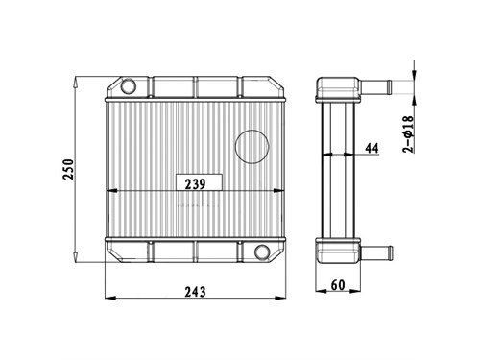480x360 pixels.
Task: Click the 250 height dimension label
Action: tap(68, 169)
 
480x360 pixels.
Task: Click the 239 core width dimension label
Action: tap(196, 184)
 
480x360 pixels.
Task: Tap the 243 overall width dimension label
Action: tap(195, 292)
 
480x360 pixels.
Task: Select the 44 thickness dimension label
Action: tap(372, 148)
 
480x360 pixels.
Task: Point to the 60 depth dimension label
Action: tap(338, 284)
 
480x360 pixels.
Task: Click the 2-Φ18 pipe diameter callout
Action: tap(408, 133)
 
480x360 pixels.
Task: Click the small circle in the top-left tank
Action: tap(129, 85)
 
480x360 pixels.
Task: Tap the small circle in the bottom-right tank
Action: tap(262, 252)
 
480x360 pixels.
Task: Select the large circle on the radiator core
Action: tap(252, 147)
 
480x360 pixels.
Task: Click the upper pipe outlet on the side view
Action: tap(375, 85)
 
